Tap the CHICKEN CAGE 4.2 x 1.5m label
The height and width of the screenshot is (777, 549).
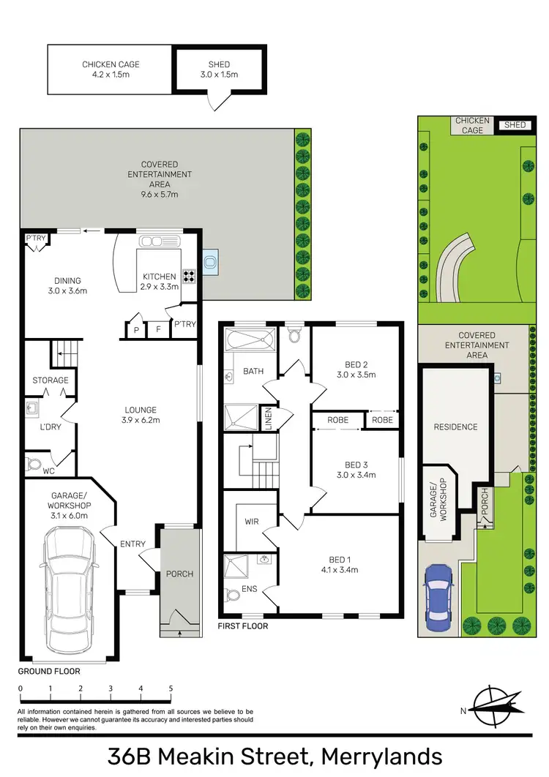111,70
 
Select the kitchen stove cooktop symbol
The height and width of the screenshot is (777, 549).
188,277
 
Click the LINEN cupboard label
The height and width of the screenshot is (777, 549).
269,419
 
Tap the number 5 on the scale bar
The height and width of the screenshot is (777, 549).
171,688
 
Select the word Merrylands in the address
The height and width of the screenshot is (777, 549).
379,756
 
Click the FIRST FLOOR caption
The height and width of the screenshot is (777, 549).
242,626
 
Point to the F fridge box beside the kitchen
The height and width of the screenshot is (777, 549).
157,330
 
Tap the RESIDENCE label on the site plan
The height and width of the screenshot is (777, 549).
455,427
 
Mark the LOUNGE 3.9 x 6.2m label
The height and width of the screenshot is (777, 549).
140,415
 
